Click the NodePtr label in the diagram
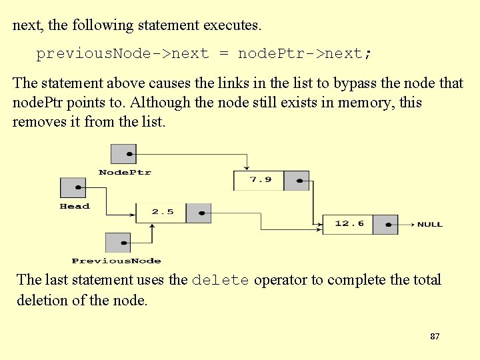125,172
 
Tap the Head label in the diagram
75,206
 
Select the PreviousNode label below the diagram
116,261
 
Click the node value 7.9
260,180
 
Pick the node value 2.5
162,212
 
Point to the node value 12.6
349,223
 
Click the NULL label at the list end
429,224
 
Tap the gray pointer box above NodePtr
123,154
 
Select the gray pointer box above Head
73,187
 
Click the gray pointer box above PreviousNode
118,243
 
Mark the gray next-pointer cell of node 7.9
297,181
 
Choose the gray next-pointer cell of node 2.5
199,213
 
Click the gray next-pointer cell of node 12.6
385,224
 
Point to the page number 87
435,337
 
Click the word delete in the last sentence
220,281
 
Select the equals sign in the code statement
223,54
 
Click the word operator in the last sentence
282,280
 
